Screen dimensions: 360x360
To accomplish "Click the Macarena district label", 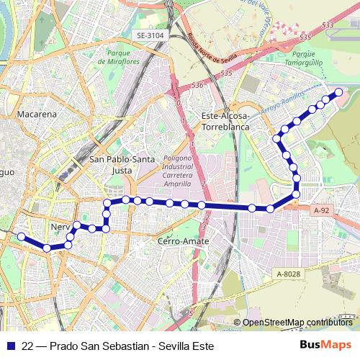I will click(x=26, y=114).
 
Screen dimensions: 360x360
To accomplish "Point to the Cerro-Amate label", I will click(x=182, y=241).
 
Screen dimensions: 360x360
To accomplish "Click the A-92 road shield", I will click(x=323, y=210).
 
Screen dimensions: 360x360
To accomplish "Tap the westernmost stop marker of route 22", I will click(x=21, y=237).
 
